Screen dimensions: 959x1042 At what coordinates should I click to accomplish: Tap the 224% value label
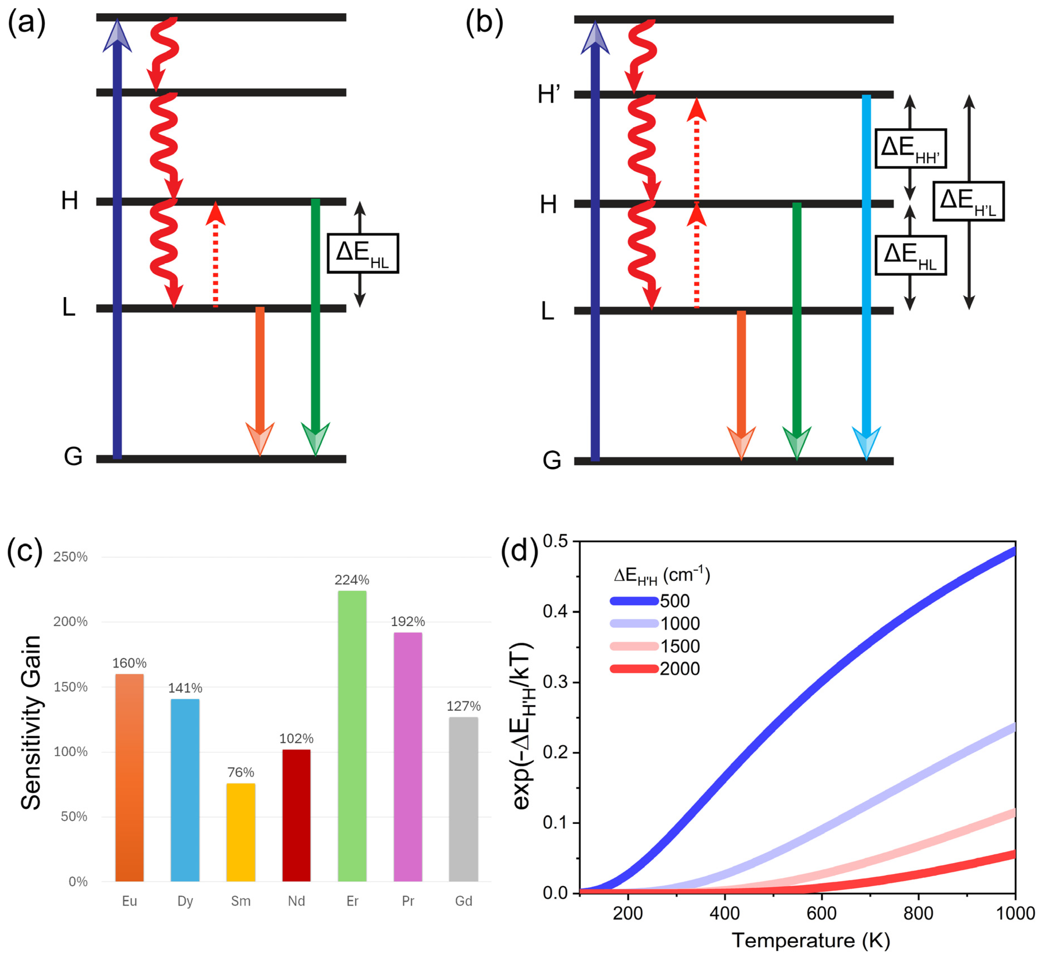pos(352,580)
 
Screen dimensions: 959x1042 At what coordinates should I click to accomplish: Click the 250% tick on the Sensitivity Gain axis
pos(70,557)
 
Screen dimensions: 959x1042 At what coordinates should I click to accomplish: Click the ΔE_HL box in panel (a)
pos(363,253)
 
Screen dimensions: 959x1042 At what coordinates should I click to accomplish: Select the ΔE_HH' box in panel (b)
pos(911,148)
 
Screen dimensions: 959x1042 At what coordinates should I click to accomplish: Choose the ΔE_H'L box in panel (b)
pos(968,201)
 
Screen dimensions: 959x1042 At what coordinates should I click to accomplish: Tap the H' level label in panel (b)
pos(549,95)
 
